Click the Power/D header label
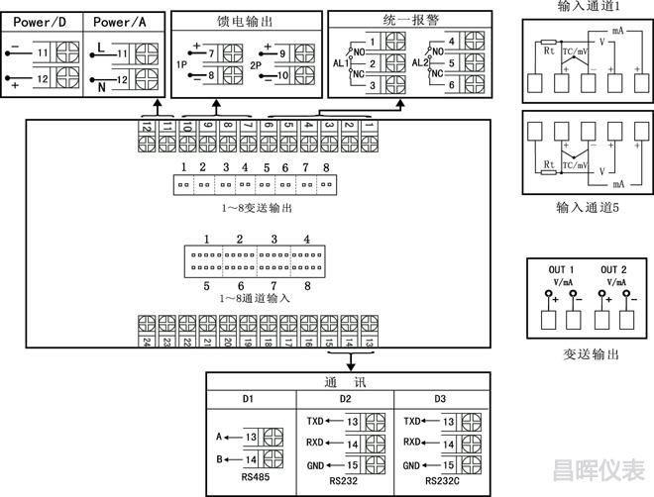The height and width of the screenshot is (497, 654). [41, 20]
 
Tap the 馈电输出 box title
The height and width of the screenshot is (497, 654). [247, 21]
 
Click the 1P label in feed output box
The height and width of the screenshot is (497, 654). [182, 62]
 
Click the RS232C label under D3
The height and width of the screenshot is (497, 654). [442, 481]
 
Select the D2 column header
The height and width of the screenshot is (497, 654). [345, 399]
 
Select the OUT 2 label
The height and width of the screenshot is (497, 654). [614, 270]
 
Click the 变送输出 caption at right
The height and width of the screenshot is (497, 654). [591, 353]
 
